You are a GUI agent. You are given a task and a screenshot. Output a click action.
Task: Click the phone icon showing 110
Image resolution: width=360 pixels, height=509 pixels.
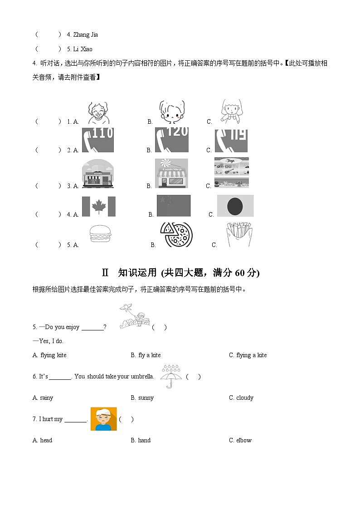coord(97,140)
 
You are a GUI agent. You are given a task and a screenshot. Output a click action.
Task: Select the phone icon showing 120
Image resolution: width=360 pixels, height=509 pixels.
coord(171,140)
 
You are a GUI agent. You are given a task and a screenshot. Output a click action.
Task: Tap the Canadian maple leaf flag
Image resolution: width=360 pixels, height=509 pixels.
coord(98,206)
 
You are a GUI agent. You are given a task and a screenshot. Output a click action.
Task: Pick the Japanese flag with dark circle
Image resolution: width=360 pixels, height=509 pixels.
coord(235,206)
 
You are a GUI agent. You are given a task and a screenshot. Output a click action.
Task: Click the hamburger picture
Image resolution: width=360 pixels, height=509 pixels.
coord(98,236)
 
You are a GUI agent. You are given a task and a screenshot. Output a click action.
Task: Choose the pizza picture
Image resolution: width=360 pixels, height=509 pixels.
coord(176,235)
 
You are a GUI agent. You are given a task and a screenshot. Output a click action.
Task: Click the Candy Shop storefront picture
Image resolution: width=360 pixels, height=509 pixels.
coord(171,174)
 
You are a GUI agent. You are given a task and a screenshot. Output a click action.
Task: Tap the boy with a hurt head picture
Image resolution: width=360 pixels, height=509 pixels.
coord(103,419)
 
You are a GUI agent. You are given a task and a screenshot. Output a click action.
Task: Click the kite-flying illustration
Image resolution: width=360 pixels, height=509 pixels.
coord(134,316)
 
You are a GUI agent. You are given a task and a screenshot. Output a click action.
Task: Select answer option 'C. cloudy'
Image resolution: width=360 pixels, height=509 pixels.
coord(241,398)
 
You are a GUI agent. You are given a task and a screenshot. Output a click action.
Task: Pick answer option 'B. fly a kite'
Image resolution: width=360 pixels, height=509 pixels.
coord(146,355)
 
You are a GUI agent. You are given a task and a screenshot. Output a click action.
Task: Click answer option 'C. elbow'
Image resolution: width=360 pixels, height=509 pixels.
coord(240,440)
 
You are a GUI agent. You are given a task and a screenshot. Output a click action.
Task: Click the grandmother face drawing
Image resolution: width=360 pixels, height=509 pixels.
coord(98,112)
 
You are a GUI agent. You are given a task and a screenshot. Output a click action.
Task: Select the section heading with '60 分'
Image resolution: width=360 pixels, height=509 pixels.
coord(180,272)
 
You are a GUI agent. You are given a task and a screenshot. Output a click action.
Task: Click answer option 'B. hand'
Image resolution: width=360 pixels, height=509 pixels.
coord(141,440)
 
